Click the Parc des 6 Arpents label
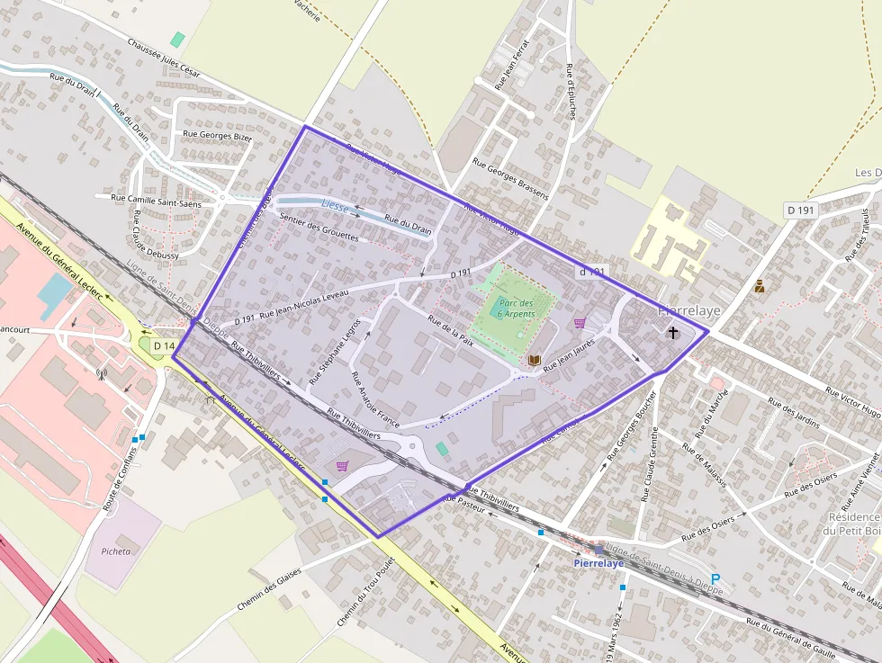click(516, 309)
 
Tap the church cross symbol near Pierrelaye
click(673, 333)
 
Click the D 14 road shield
click(163, 345)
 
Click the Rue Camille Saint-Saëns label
click(157, 197)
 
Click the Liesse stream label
click(334, 206)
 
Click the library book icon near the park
click(534, 360)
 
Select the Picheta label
click(116, 551)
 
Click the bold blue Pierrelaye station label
click(598, 563)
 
